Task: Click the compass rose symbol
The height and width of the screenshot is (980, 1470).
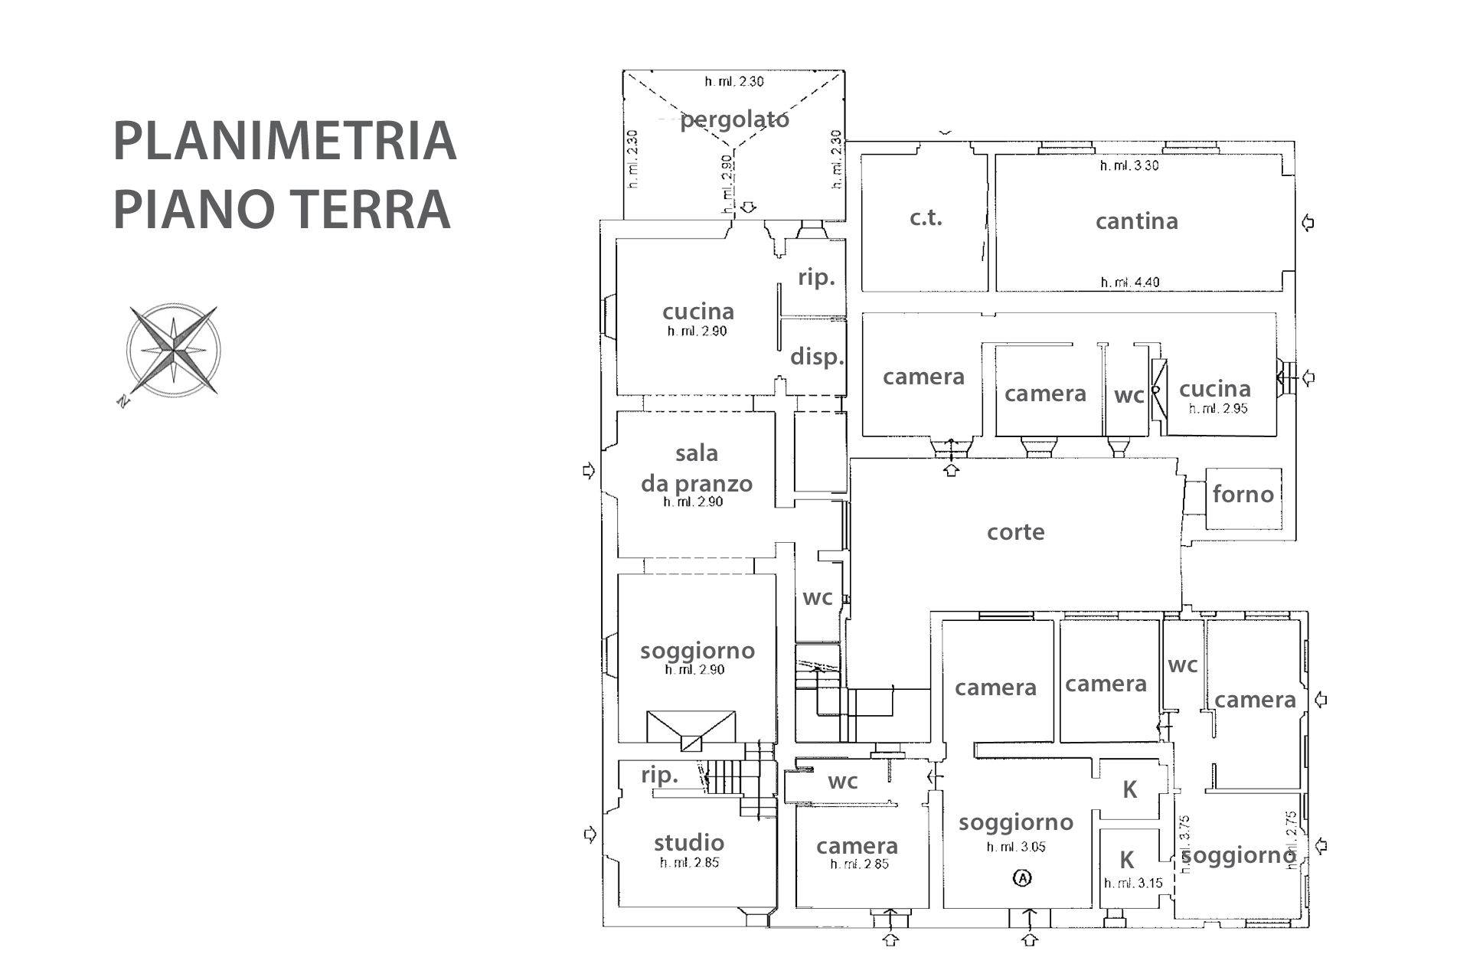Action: pyautogui.click(x=174, y=350)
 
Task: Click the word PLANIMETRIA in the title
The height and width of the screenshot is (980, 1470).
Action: pyautogui.click(x=285, y=142)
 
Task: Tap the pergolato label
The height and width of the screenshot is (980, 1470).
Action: pyautogui.click(x=734, y=119)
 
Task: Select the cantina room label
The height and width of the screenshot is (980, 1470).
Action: pyautogui.click(x=1136, y=221)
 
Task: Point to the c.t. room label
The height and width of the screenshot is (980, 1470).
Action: pyautogui.click(x=926, y=218)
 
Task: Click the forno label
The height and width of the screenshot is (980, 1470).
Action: pyautogui.click(x=1243, y=495)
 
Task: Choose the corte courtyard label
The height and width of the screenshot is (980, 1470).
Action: pyautogui.click(x=1015, y=532)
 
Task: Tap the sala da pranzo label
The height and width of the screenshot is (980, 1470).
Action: pyautogui.click(x=696, y=469)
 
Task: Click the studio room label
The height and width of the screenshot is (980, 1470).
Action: pyautogui.click(x=688, y=843)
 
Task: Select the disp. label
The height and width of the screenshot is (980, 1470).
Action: pyautogui.click(x=817, y=357)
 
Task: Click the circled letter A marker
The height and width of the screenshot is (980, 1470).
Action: pyautogui.click(x=1022, y=877)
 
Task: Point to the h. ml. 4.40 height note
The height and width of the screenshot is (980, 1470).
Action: pyautogui.click(x=1129, y=283)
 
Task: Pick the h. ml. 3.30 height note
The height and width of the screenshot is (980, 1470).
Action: pyautogui.click(x=1129, y=165)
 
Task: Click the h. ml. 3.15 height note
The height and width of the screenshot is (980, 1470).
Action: pyautogui.click(x=1133, y=884)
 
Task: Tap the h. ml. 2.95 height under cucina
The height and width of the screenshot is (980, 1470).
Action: pyautogui.click(x=1217, y=409)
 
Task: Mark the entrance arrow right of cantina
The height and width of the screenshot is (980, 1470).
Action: pyautogui.click(x=1308, y=223)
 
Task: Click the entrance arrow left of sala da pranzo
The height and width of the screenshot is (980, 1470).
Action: pyautogui.click(x=589, y=471)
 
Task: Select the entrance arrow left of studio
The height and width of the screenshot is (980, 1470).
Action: pyautogui.click(x=590, y=835)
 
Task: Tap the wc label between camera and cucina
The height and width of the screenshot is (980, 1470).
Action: pyautogui.click(x=1129, y=396)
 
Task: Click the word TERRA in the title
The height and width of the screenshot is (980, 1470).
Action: pyautogui.click(x=372, y=209)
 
